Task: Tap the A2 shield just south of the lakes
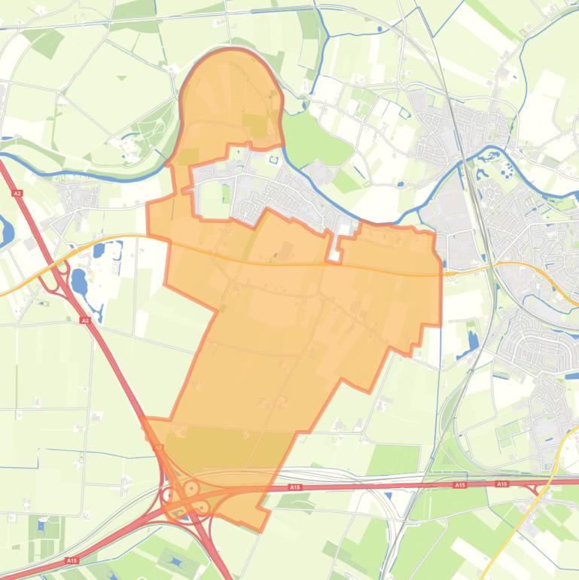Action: point(85,320)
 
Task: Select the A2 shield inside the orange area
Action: point(158,447)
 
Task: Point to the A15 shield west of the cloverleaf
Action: point(72,560)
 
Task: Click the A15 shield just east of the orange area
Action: point(295,488)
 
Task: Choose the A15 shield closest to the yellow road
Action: point(502,484)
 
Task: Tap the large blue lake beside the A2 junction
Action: point(79,282)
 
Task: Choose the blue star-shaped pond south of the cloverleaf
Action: point(175,561)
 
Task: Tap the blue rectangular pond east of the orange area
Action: point(473,338)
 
